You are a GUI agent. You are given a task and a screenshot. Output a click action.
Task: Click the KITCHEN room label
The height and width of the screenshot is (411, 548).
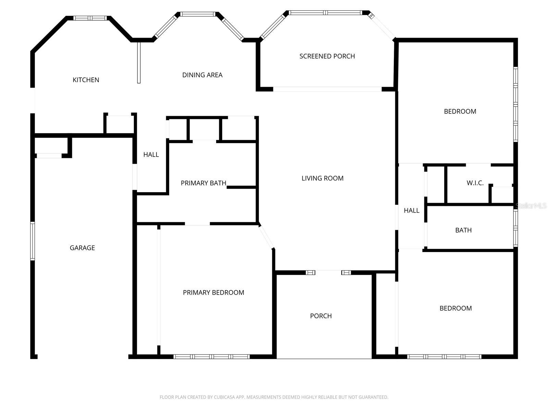86,80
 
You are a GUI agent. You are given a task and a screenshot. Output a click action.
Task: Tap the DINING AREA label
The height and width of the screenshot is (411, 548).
202,75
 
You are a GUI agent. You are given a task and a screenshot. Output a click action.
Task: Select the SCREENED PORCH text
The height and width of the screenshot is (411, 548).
327,56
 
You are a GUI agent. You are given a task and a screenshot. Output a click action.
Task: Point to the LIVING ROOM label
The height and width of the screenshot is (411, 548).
322,178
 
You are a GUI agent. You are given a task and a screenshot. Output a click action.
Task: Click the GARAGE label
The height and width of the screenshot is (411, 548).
82,248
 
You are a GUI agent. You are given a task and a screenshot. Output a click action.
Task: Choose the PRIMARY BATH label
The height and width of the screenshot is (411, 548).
203,183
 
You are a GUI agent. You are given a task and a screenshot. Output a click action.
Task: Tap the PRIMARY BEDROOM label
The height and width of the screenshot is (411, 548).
213,292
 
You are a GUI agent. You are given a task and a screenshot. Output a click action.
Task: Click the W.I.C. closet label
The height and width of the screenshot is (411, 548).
475,183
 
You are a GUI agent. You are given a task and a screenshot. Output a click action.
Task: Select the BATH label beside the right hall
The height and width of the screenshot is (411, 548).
463,230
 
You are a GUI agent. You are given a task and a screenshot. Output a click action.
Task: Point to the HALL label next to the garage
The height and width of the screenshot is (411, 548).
151,155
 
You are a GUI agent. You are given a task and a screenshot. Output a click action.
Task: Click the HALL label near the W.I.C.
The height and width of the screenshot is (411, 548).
411,211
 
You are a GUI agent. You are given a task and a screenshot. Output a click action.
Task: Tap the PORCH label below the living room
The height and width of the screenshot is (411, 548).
321,316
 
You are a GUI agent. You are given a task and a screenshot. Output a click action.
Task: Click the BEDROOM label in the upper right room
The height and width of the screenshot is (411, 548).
460,111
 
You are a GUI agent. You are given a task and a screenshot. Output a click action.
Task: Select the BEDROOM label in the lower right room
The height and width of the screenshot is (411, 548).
456,308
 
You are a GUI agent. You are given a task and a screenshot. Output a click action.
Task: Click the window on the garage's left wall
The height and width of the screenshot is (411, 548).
33,241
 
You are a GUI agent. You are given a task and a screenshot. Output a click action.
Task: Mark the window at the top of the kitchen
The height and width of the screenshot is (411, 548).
90,18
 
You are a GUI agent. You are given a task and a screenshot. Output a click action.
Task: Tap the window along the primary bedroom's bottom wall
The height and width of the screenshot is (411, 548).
211,357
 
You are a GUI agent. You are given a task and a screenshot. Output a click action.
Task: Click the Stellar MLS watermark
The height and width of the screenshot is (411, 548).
531,206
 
